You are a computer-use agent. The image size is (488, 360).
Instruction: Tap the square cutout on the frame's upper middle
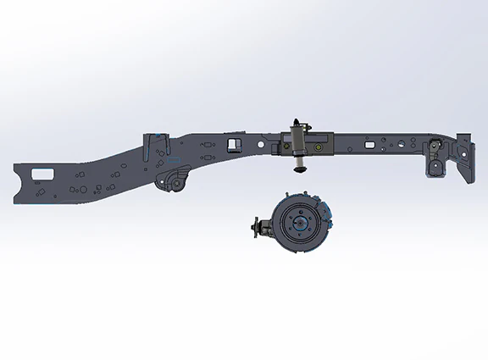click(x=234, y=142)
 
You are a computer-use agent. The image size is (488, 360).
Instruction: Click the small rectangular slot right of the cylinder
click(x=368, y=145)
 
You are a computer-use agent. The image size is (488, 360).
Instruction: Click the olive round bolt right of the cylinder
click(x=318, y=147)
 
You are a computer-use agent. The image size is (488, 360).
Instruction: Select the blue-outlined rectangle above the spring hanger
click(x=175, y=158)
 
